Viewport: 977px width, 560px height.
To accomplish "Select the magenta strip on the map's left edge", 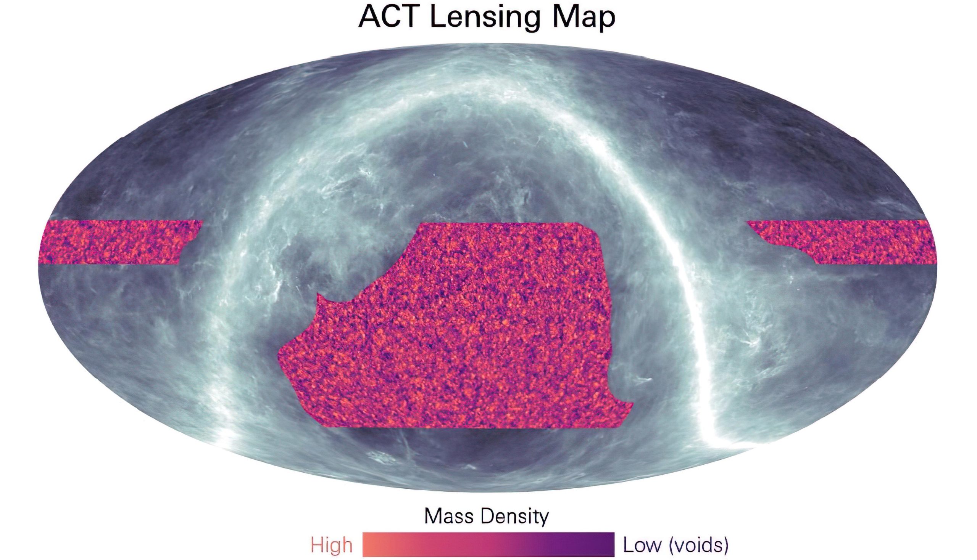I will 116,242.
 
